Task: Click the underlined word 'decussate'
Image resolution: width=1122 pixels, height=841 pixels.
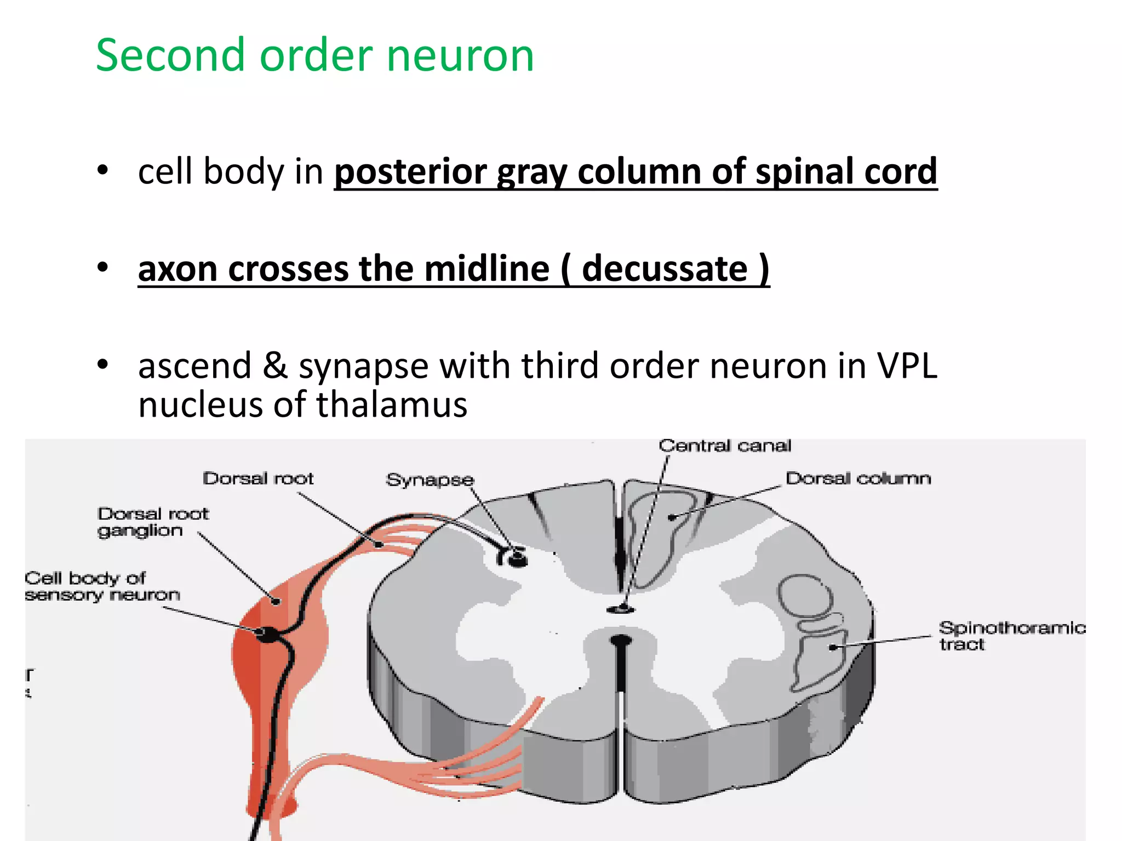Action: [665, 268]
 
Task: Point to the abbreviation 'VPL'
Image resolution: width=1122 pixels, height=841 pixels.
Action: [907, 365]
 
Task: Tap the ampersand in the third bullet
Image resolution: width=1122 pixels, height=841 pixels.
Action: [275, 365]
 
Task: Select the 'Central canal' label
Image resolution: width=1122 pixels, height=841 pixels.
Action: [725, 446]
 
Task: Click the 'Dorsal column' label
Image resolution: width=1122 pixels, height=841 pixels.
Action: [858, 479]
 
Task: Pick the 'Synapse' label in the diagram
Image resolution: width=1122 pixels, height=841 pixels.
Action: [430, 480]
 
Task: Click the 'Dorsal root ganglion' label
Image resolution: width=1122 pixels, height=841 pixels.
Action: [153, 522]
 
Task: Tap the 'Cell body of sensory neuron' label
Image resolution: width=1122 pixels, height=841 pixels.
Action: [102, 586]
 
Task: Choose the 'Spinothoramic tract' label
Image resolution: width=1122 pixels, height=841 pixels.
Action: [1011, 636]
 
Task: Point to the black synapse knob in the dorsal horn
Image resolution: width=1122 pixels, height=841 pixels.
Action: [517, 558]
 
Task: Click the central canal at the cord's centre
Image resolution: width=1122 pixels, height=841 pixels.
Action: [621, 609]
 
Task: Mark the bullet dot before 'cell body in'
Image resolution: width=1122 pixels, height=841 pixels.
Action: [102, 171]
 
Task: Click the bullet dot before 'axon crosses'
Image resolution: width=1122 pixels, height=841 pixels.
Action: [102, 268]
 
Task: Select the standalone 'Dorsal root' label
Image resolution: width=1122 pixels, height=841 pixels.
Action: [258, 479]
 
